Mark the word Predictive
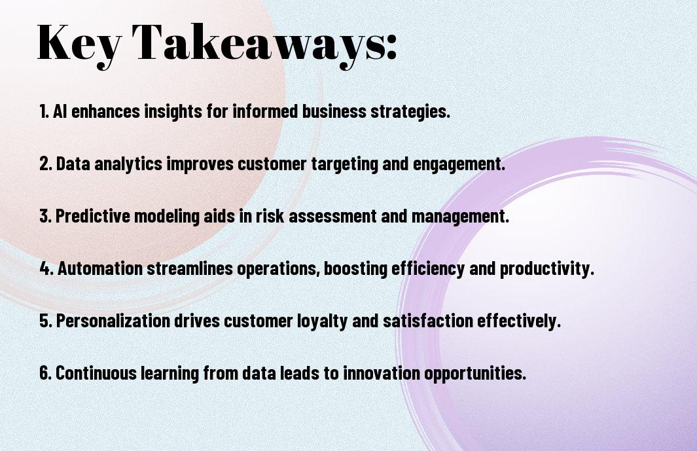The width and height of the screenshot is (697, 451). [93, 216]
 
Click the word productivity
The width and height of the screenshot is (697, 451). [546, 269]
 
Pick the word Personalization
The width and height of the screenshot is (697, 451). [113, 320]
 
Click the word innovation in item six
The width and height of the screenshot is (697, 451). [382, 372]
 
